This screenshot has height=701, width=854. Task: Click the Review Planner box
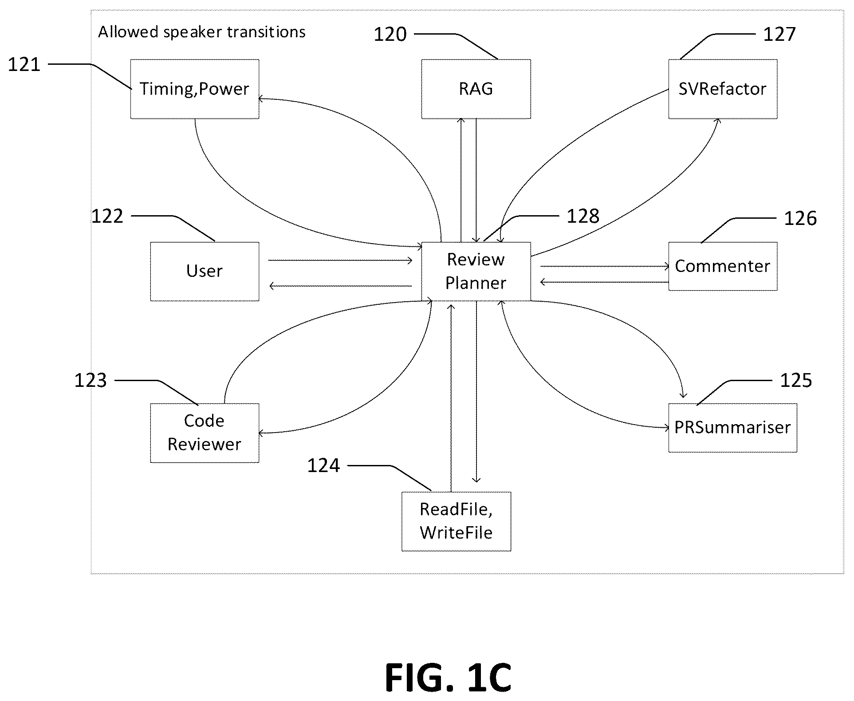coord(476,271)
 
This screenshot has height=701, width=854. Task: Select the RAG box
coord(476,89)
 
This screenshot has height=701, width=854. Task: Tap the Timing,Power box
coord(195,89)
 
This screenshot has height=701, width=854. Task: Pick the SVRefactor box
coord(723,89)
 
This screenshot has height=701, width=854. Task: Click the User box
coord(205,271)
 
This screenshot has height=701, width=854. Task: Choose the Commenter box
coord(723,266)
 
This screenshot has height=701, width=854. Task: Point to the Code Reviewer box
coord(205,433)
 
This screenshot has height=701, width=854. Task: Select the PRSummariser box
coord(732,428)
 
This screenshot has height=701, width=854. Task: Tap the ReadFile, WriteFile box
coord(456,521)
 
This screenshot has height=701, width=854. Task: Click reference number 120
coord(390,34)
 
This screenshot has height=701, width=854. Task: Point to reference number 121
coord(24,65)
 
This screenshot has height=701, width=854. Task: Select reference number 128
coord(583,216)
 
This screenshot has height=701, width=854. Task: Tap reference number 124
coord(323,466)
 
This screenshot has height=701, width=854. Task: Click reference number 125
coord(796,381)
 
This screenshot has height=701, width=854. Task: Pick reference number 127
coord(779,34)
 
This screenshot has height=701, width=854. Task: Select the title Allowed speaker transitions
coord(202,32)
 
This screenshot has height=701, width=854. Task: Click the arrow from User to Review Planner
coord(340,261)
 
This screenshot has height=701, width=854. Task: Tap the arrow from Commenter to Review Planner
coord(604,282)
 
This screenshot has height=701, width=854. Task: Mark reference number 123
coord(91,381)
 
